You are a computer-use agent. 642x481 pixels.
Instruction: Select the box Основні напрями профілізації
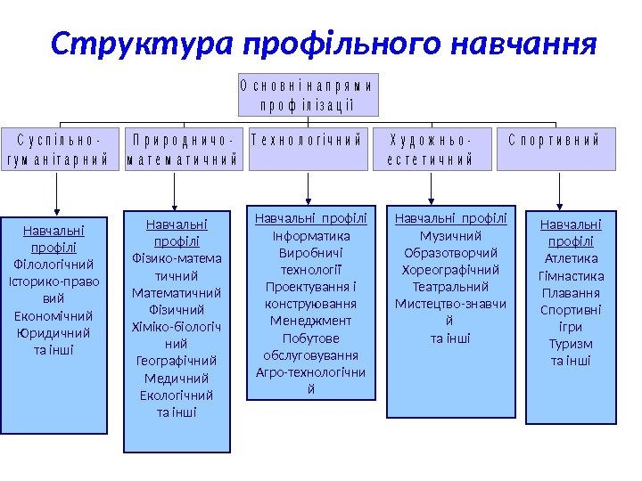click(x=308, y=95)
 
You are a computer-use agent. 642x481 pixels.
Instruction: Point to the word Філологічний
click(x=53, y=265)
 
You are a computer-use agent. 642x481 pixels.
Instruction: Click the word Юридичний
click(x=53, y=333)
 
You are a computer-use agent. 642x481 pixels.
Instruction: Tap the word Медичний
click(x=177, y=379)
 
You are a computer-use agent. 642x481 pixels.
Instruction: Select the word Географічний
click(x=177, y=361)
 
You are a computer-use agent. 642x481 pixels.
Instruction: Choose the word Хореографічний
click(x=450, y=270)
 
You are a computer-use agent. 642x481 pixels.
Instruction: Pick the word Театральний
click(x=450, y=287)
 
